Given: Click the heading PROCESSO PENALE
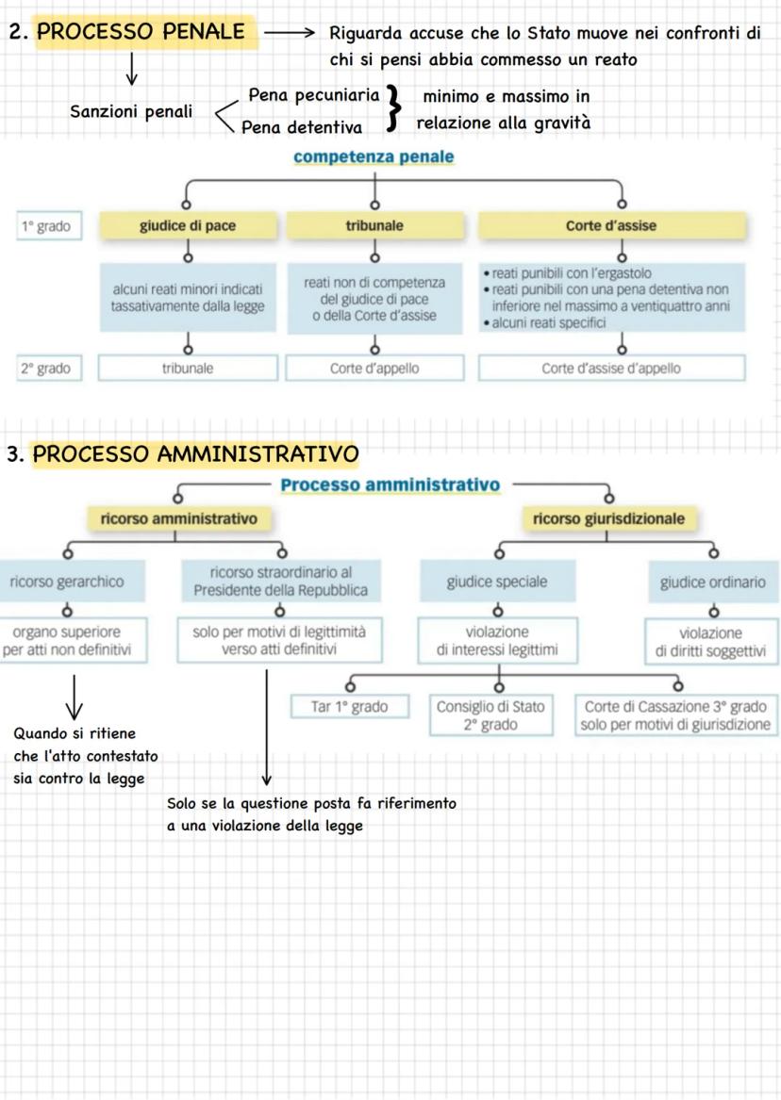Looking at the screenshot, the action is (x=141, y=31).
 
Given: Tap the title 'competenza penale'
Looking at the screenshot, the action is (x=374, y=156).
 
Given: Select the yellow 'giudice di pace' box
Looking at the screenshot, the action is (x=188, y=226).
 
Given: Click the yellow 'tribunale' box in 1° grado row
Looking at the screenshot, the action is (x=374, y=226).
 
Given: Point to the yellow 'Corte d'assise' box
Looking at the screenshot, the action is (x=611, y=226).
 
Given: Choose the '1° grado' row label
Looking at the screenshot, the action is (x=48, y=226).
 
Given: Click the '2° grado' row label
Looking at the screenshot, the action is (x=48, y=369).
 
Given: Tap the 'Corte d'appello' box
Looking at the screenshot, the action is (x=374, y=369).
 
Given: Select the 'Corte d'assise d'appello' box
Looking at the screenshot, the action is (x=611, y=369).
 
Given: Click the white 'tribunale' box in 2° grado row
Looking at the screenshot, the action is (x=188, y=369).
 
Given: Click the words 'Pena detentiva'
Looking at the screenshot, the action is (x=302, y=127).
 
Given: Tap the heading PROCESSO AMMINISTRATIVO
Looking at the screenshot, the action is (x=196, y=454).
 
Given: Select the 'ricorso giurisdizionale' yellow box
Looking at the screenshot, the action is (x=608, y=519).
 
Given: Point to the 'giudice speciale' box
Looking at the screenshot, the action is (x=497, y=582).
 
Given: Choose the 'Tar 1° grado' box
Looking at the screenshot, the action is (x=349, y=706).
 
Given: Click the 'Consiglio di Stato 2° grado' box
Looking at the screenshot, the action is (x=490, y=715).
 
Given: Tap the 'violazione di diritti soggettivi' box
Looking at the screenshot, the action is (x=711, y=642).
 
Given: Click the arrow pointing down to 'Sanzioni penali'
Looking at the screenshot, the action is (x=131, y=69).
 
